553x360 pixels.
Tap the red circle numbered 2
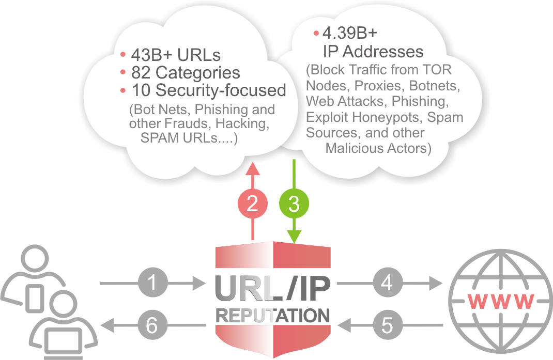tap(252, 204)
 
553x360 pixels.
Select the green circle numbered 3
tap(294, 204)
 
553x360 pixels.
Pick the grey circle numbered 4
tap(387, 283)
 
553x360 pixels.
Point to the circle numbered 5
tap(387, 325)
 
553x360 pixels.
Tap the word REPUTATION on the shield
tap(272, 316)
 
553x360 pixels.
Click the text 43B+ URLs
tap(176, 55)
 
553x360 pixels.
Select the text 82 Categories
tap(186, 73)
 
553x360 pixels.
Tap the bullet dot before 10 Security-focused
tap(123, 90)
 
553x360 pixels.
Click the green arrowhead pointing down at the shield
tap(294, 238)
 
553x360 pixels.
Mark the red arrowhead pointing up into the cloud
tap(252, 168)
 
